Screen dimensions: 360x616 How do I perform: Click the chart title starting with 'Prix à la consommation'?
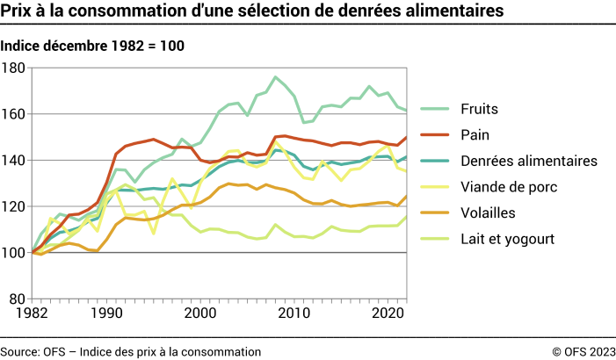252,11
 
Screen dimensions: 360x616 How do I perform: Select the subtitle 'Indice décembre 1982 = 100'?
92,46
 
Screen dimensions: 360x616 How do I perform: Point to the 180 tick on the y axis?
15,68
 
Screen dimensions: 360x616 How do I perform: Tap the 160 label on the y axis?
15,114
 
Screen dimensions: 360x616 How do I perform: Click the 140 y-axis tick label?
15,160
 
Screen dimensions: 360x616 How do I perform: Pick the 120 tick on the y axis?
15,206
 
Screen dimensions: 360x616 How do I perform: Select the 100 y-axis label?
15,253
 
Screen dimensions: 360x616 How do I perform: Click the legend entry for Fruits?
479,109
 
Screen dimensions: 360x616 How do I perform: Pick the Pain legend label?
475,134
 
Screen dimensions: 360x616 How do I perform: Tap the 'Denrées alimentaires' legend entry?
528,161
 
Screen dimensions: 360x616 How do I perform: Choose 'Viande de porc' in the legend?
507,186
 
